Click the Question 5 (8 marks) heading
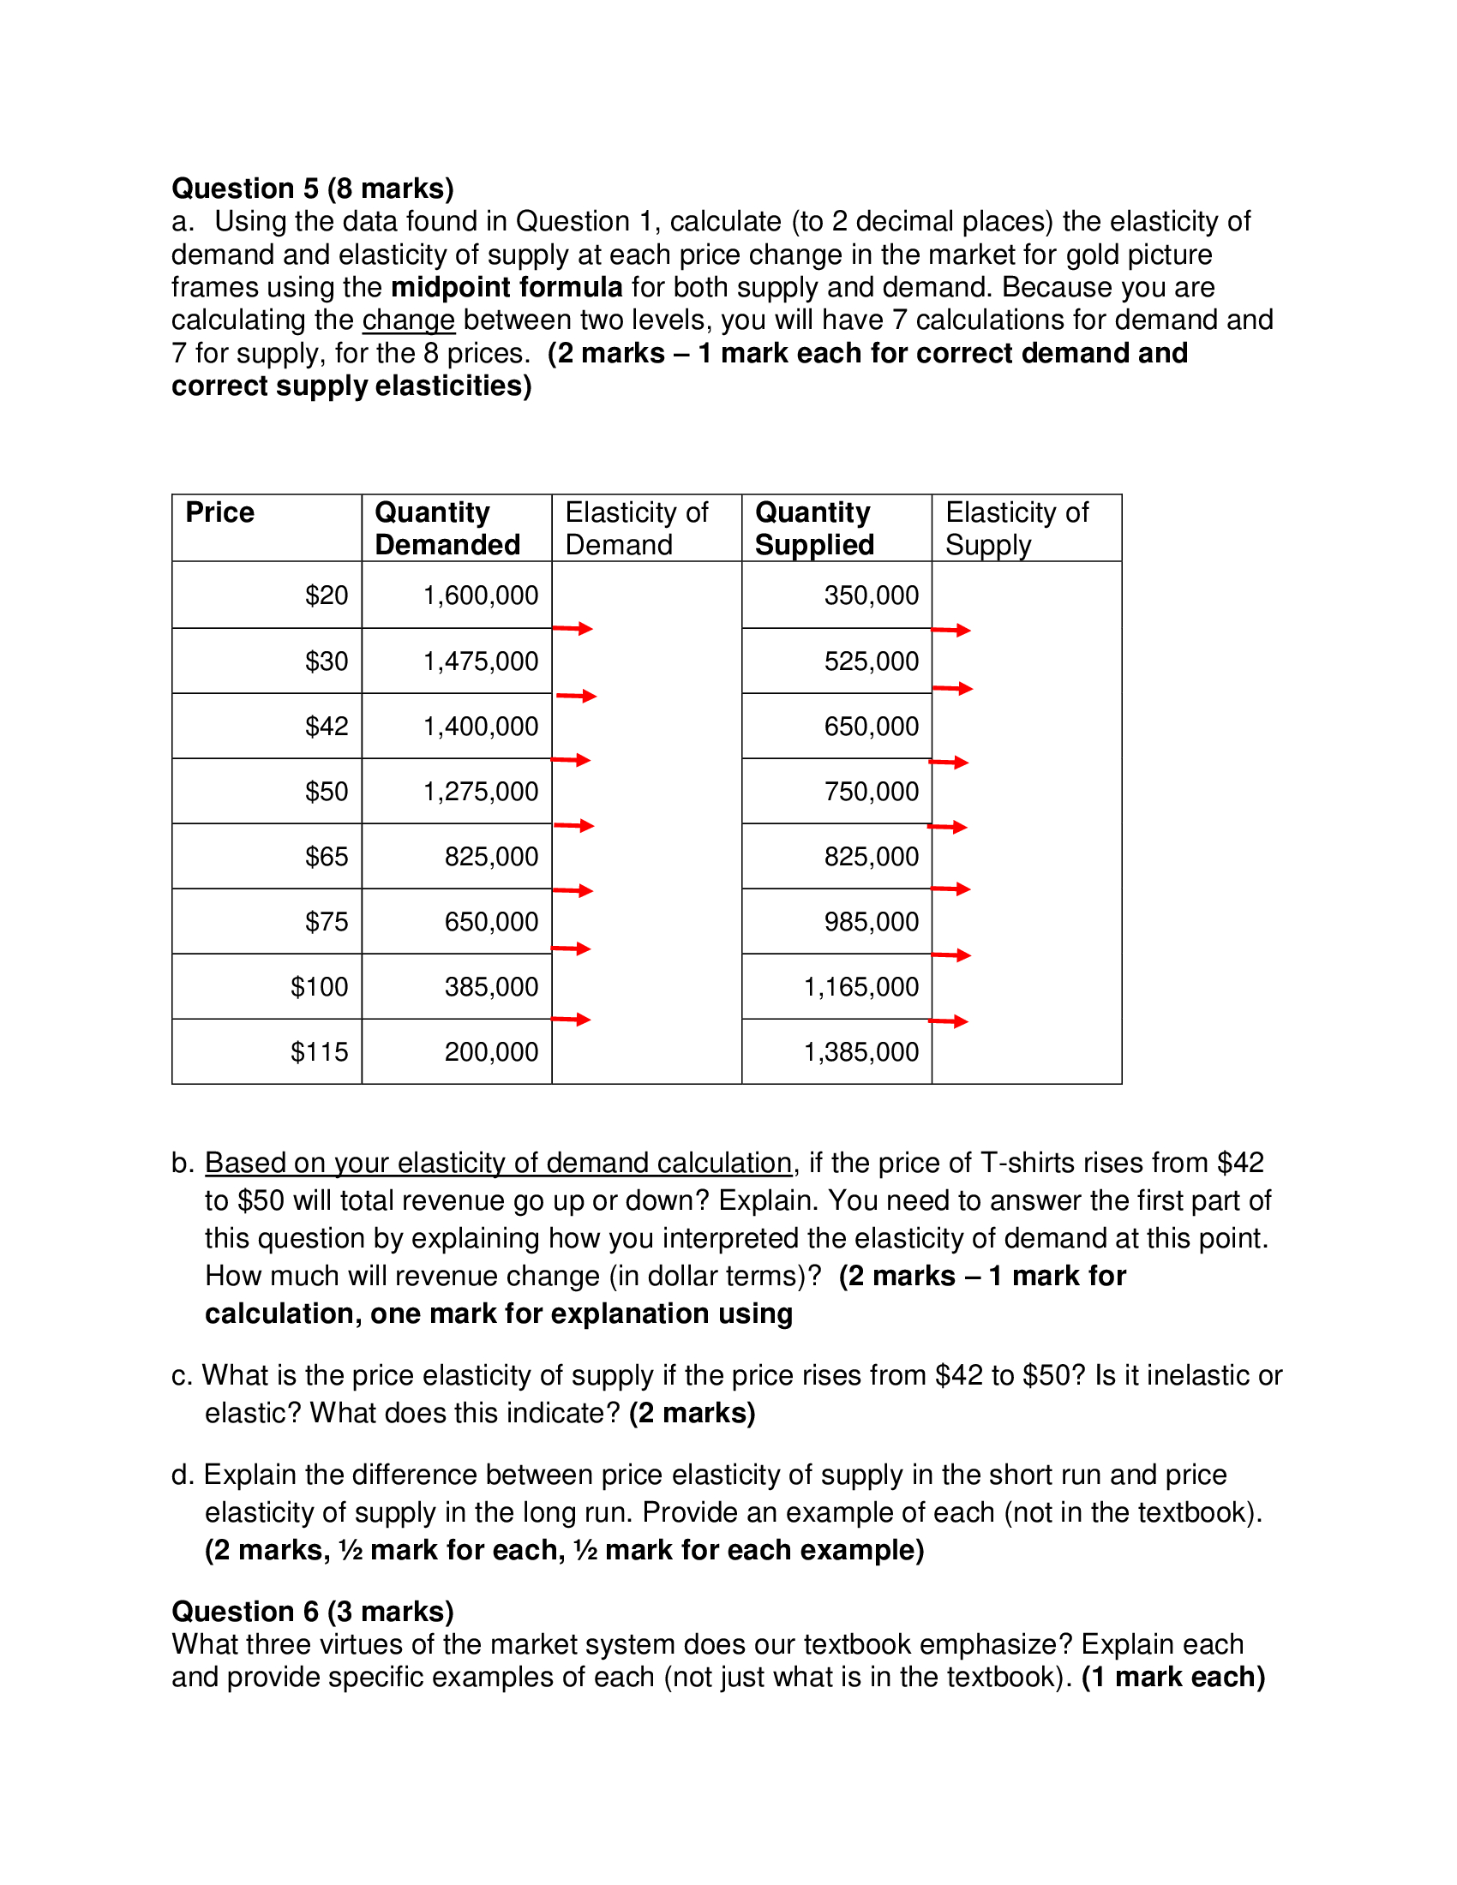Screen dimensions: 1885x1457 pyautogui.click(x=313, y=188)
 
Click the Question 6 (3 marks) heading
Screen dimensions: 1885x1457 pyautogui.click(x=313, y=1612)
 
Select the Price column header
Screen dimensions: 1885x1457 pyautogui.click(x=220, y=512)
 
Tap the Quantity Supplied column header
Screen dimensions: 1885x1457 pyautogui.click(x=814, y=528)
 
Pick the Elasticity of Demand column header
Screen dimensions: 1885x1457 pyautogui.click(x=636, y=528)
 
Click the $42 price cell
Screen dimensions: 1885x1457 pyautogui.click(x=327, y=726)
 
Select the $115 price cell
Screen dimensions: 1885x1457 pyautogui.click(x=319, y=1051)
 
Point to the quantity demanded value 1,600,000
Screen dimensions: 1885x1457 pyautogui.click(x=480, y=595)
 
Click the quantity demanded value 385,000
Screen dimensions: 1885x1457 pyautogui.click(x=491, y=986)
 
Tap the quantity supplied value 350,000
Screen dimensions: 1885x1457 pyautogui.click(x=871, y=595)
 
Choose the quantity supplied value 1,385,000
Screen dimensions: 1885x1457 pyautogui.click(x=860, y=1051)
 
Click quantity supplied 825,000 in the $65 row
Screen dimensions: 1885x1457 pyautogui.click(x=871, y=856)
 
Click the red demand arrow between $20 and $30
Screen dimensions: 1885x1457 pyautogui.click(x=573, y=628)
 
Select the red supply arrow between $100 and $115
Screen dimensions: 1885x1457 pyautogui.click(x=949, y=1022)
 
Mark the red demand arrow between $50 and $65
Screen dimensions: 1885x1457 pyautogui.click(x=574, y=826)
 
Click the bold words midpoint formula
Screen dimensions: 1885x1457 pyautogui.click(x=507, y=287)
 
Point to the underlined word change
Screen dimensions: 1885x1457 pyautogui.click(x=408, y=320)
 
